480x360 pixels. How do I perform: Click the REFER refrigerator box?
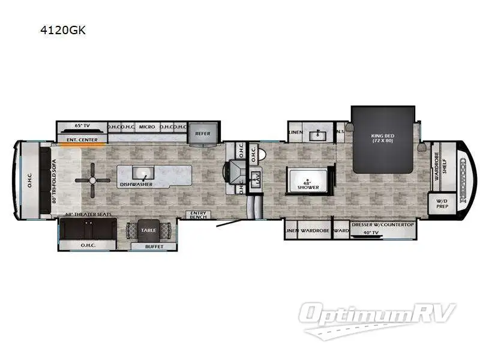(x=203, y=133)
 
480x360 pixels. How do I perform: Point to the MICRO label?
(x=147, y=127)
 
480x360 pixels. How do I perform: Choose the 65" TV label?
(x=82, y=125)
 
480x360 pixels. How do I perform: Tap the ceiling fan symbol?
(x=92, y=179)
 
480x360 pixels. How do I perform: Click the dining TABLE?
(x=148, y=230)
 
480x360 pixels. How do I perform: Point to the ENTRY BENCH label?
(x=198, y=215)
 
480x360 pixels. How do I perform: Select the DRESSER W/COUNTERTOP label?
(x=382, y=224)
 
